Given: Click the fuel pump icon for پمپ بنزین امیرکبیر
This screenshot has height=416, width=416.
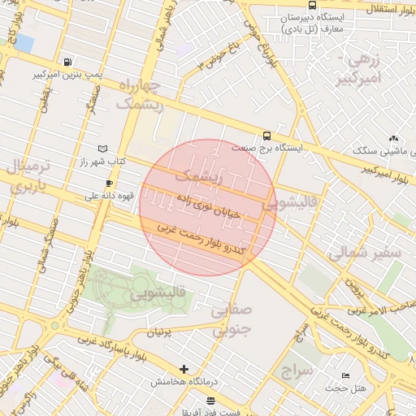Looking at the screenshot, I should tap(67, 62).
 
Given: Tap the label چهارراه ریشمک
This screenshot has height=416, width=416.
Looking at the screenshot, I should tap(140, 95).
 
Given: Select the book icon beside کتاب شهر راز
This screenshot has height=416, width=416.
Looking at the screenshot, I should tap(102, 149).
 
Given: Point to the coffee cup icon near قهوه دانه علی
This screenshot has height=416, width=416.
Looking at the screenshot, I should tap(110, 184).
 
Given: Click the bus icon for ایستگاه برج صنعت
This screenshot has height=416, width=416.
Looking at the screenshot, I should tap(266, 136).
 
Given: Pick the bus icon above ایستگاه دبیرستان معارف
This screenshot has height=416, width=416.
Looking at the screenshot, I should tap(313, 6).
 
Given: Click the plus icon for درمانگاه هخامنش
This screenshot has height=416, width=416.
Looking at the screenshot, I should tap(184, 369).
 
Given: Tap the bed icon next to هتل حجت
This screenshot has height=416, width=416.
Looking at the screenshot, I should tap(345, 376).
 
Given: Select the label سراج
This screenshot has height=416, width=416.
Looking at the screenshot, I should tap(297, 371).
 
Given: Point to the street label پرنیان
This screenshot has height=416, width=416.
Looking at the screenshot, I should tap(159, 332).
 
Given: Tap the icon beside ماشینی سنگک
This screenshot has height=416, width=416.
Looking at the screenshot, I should tap(394, 139).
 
